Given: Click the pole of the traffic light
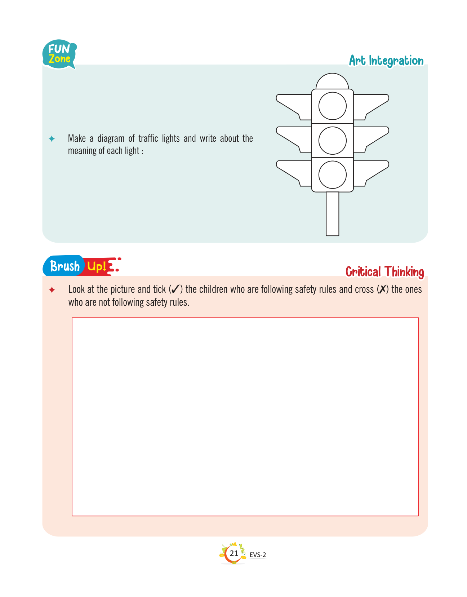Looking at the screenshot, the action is [332, 213].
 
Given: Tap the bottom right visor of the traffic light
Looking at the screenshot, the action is [371, 173].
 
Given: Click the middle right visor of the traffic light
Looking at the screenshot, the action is [371, 139].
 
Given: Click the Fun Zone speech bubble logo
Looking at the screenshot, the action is [59, 54].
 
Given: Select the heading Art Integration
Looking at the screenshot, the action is [386, 61].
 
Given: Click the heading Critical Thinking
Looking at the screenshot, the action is [384, 271].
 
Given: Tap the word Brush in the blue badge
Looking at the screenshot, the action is [65, 266].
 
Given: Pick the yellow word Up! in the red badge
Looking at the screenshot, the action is [97, 266].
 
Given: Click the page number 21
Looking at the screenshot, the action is [234, 553].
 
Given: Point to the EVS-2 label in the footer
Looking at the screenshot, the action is [258, 555].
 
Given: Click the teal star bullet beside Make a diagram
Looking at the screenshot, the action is [52, 138].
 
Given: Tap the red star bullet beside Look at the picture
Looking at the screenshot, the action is [52, 289].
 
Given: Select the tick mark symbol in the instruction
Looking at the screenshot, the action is [175, 289].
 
